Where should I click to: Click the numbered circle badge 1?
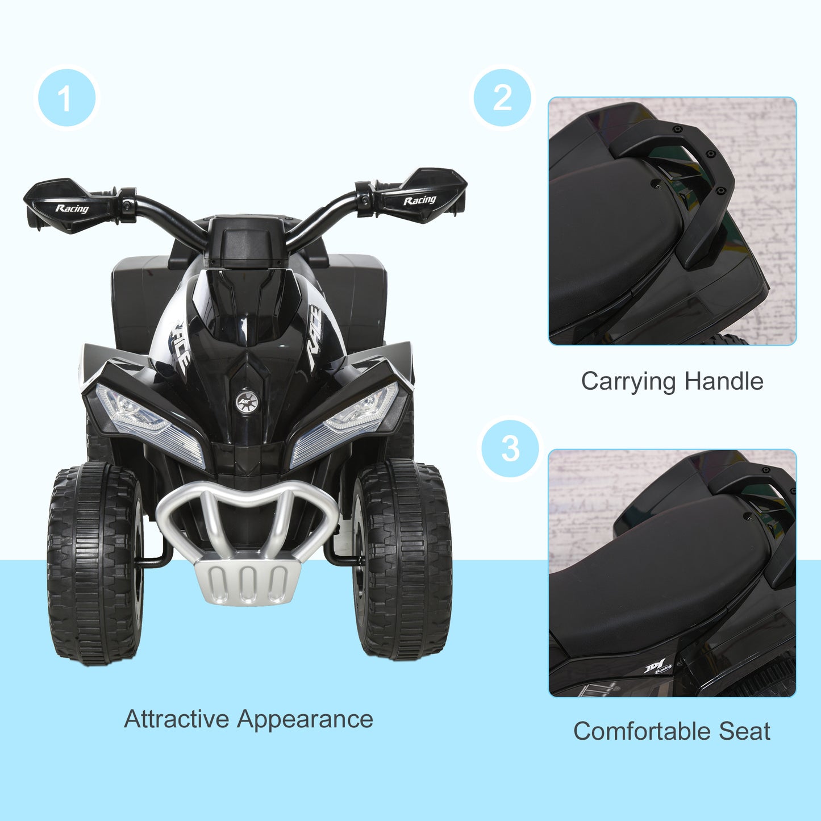[66, 98]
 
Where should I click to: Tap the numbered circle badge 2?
[502, 98]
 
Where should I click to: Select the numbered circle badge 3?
[510, 448]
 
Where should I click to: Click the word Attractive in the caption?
[177, 719]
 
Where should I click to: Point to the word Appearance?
[305, 720]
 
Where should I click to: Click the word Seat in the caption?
[744, 731]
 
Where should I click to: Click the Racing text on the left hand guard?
[72, 209]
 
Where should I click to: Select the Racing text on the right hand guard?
[419, 200]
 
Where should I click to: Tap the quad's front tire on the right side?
[402, 560]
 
